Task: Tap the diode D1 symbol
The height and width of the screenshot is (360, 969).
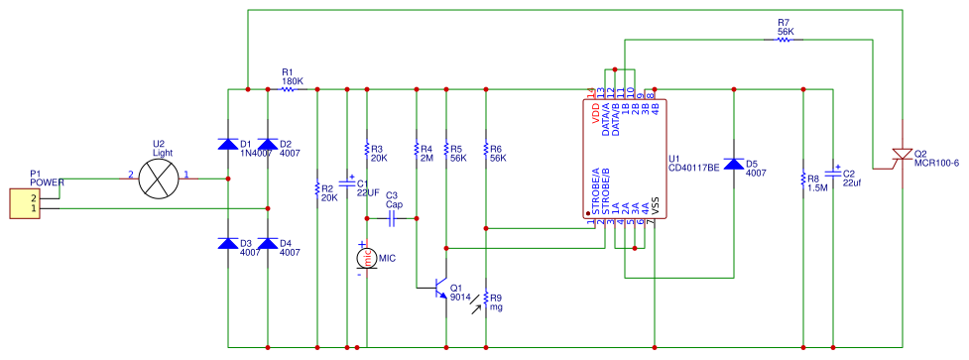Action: (x=228, y=145)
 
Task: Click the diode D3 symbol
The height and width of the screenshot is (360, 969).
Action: (x=228, y=243)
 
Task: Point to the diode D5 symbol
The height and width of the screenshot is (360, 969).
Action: (x=734, y=165)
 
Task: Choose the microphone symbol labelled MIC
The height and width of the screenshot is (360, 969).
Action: (x=366, y=258)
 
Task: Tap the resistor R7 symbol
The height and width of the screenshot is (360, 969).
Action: (x=784, y=40)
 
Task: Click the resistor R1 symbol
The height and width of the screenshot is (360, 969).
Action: (x=288, y=89)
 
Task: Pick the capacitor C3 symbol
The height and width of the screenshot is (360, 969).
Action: (x=393, y=217)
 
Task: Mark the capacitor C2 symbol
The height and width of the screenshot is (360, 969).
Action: (x=833, y=180)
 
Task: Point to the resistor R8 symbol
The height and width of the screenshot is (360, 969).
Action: (x=802, y=180)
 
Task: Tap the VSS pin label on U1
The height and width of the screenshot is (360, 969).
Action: (x=655, y=209)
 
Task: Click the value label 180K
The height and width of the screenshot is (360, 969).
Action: (x=293, y=80)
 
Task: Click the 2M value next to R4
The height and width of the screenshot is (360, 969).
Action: (x=426, y=157)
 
